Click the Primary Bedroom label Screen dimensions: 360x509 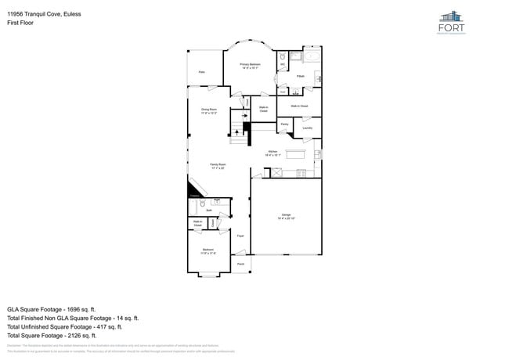point(250,66)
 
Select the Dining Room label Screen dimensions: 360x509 point(208,111)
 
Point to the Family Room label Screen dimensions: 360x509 point(217,166)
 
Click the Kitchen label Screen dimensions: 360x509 point(273,153)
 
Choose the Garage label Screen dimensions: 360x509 point(287,216)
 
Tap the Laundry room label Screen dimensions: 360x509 point(307,128)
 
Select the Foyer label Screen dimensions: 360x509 point(240,235)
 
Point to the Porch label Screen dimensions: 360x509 point(240,264)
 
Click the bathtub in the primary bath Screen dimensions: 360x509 point(312,57)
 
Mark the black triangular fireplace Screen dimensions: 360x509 point(193,193)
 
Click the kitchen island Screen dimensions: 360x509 point(295,154)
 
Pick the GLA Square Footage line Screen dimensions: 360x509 point(60,309)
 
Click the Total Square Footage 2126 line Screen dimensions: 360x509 point(62,335)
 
